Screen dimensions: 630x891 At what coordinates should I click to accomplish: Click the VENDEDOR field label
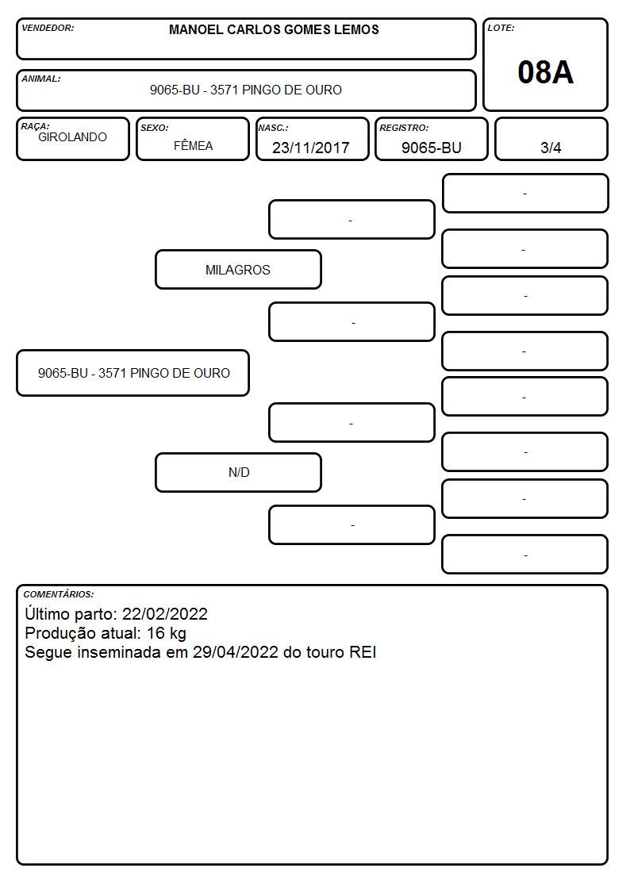tap(48, 28)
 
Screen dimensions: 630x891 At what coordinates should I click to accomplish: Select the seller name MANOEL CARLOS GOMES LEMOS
tap(274, 29)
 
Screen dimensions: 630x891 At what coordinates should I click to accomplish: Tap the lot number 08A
tap(545, 72)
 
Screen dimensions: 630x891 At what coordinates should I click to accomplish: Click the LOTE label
tap(501, 28)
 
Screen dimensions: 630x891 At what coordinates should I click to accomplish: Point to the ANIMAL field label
tap(41, 79)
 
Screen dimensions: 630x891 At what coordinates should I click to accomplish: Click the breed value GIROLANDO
tap(72, 137)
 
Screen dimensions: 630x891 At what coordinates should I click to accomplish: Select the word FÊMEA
tap(193, 145)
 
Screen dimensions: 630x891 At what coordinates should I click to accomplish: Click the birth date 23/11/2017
tap(311, 148)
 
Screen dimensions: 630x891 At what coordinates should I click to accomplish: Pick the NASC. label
tap(273, 129)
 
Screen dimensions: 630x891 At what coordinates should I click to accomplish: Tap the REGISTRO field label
tap(404, 129)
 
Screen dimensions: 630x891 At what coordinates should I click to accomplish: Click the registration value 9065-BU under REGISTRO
tap(431, 148)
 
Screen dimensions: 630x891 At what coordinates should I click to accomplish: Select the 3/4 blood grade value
tap(551, 148)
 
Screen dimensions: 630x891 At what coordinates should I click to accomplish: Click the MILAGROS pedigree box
tap(238, 270)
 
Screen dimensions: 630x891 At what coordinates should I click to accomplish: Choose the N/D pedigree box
tap(238, 472)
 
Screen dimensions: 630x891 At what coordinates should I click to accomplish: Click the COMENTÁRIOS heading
tap(59, 594)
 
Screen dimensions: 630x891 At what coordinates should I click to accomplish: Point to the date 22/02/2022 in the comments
tap(165, 613)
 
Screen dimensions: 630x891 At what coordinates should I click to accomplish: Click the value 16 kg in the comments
tap(167, 633)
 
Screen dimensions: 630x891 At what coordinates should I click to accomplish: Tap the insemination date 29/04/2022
tap(235, 651)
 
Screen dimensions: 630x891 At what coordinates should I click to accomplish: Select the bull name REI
tap(363, 651)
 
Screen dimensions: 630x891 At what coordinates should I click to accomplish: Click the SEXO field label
tap(155, 129)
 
